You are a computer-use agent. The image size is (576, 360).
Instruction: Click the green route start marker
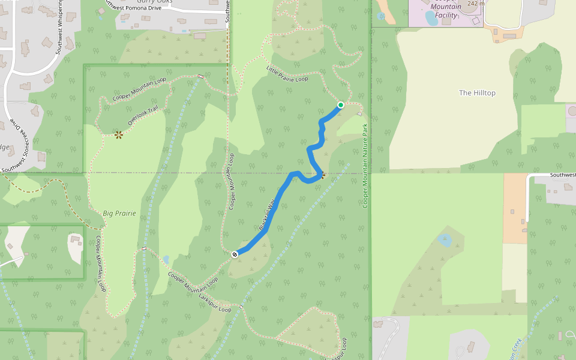pyautogui.click(x=341, y=105)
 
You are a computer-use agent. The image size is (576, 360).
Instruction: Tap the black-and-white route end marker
pyautogui.click(x=235, y=254)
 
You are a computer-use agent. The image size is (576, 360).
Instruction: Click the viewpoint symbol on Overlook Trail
pyautogui.click(x=119, y=135)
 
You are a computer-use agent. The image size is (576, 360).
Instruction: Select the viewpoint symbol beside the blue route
pyautogui.click(x=322, y=176)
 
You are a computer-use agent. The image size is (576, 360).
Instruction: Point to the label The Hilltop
pyautogui.click(x=477, y=93)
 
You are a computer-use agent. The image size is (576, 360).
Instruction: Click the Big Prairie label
pyautogui.click(x=119, y=213)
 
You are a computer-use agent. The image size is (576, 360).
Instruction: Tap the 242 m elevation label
pyautogui.click(x=475, y=4)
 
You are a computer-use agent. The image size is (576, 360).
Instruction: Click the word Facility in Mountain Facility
pyautogui.click(x=446, y=15)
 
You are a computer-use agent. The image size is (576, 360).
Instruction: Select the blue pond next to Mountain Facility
pyautogui.click(x=431, y=19)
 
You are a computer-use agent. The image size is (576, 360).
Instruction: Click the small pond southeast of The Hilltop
pyautogui.click(x=445, y=241)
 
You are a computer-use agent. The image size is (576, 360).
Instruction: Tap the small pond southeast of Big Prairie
pyautogui.click(x=166, y=260)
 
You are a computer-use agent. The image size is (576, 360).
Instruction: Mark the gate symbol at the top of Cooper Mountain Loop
pyautogui.click(x=200, y=77)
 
